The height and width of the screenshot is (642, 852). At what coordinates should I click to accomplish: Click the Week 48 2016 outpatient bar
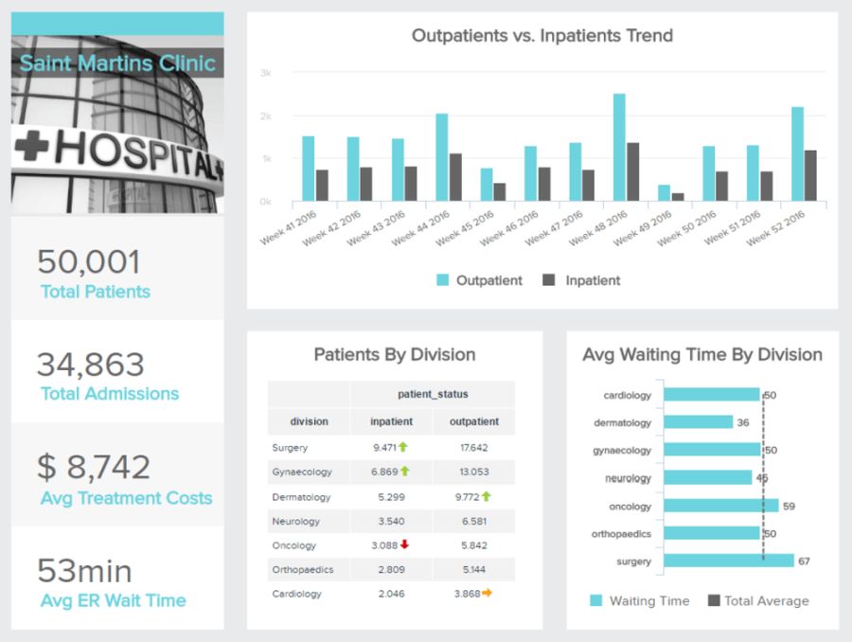tap(618, 148)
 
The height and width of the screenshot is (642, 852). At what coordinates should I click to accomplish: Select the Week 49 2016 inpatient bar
tap(678, 197)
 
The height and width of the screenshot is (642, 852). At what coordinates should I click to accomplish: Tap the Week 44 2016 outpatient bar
tap(442, 157)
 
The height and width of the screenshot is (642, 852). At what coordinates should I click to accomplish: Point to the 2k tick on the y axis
tap(266, 116)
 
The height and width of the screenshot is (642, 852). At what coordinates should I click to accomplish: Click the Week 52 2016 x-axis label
tap(776, 228)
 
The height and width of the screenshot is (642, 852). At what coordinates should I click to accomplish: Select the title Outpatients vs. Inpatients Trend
tap(541, 36)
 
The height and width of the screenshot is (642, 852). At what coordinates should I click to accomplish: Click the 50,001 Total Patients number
tap(89, 262)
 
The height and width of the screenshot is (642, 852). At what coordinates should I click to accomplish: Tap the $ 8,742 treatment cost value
tap(94, 467)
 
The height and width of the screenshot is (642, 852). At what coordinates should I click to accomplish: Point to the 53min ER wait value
tap(85, 570)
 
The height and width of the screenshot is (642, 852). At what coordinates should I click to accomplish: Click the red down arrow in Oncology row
tap(404, 544)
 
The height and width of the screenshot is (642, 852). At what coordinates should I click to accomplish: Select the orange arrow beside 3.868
tap(487, 594)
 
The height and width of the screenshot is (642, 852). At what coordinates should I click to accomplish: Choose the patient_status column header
tap(432, 394)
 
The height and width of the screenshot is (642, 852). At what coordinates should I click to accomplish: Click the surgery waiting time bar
tap(728, 561)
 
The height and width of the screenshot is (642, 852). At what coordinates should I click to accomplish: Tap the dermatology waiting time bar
tap(698, 422)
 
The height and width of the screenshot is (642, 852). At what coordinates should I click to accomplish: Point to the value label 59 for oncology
tap(789, 506)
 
